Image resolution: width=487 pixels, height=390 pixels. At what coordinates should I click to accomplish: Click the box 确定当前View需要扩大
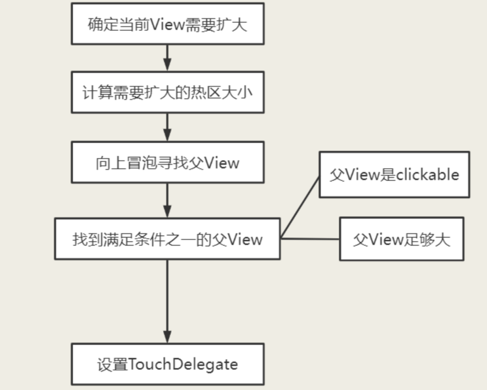[167, 24]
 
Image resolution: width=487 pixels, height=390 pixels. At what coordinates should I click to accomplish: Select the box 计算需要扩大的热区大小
[167, 92]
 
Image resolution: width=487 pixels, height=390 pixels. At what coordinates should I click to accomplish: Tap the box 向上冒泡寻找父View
[167, 162]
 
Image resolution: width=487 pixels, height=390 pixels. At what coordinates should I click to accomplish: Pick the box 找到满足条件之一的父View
[167, 239]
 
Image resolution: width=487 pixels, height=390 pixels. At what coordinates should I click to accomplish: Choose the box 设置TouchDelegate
[167, 364]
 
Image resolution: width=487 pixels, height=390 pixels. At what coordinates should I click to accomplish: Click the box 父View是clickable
[394, 174]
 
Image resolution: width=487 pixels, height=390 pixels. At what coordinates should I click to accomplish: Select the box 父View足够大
[401, 239]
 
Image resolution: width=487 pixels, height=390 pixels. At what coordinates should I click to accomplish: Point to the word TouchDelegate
[183, 364]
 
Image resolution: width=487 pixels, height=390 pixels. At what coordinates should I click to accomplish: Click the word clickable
[427, 174]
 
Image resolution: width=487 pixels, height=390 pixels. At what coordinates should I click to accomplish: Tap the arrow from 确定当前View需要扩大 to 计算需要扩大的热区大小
[167, 57]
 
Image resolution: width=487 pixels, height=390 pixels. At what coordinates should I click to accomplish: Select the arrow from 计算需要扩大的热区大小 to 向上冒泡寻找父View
[167, 127]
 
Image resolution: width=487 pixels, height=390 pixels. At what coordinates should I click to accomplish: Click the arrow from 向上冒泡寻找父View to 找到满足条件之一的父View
[167, 200]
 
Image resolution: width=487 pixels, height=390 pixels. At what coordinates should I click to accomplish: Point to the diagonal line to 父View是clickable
[300, 207]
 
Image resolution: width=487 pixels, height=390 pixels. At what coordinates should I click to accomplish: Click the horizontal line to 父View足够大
[310, 239]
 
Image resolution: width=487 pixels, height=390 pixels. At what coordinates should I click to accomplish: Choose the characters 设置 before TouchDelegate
[112, 364]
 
